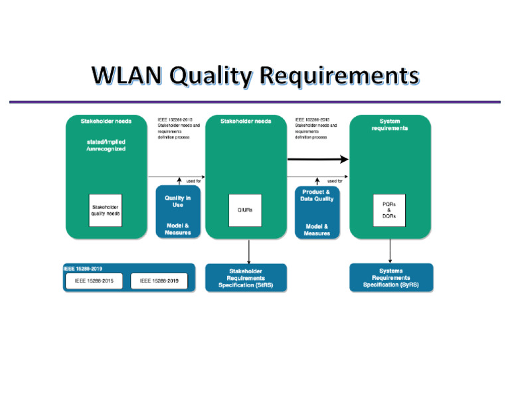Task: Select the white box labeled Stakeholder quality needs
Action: click(106, 210)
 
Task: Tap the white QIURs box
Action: click(246, 210)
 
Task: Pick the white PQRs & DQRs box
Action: click(389, 210)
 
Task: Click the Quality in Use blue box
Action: click(177, 212)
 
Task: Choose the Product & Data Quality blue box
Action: click(317, 212)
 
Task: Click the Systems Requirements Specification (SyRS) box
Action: click(391, 278)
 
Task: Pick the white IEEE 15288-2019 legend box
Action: click(159, 282)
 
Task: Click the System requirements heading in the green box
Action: click(390, 125)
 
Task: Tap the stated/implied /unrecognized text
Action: click(106, 145)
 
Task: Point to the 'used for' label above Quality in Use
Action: click(193, 180)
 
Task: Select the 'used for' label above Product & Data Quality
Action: click(335, 180)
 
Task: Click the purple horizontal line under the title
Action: click(254, 102)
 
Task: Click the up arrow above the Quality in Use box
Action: click(179, 181)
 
